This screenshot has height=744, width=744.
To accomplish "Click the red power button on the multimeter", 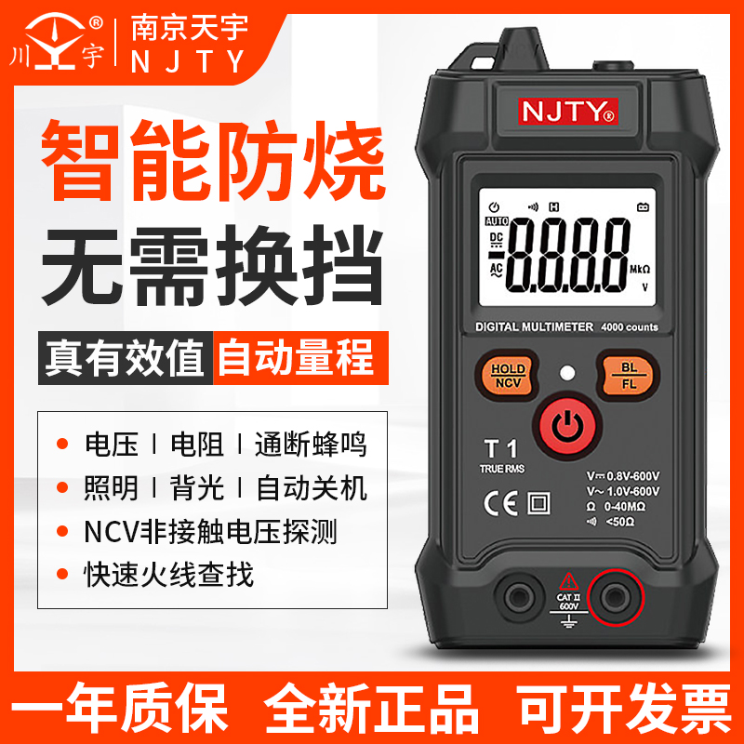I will pos(565,426).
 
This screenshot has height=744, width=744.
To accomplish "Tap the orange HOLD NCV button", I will pos(508,376).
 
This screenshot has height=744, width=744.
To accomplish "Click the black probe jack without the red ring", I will pos(513,593).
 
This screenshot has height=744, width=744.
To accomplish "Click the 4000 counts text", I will pos(630,327).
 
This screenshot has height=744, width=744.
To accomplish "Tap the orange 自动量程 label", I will pos(295,356).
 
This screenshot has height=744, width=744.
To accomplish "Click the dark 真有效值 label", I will pos(126,356).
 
